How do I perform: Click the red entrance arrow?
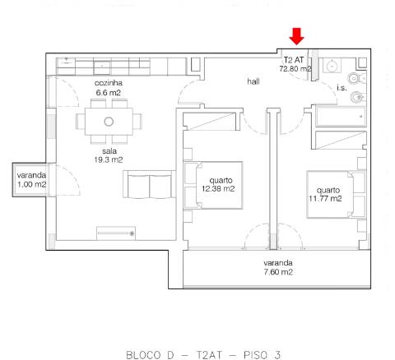[x=297, y=36]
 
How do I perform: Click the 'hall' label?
[x=253, y=82]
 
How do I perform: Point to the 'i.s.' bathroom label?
[x=342, y=87]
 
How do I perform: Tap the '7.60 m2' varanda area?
[x=279, y=271]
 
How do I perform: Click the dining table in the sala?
[x=108, y=122]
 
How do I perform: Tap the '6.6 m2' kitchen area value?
[x=108, y=93]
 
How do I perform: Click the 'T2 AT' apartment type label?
[x=295, y=60]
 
